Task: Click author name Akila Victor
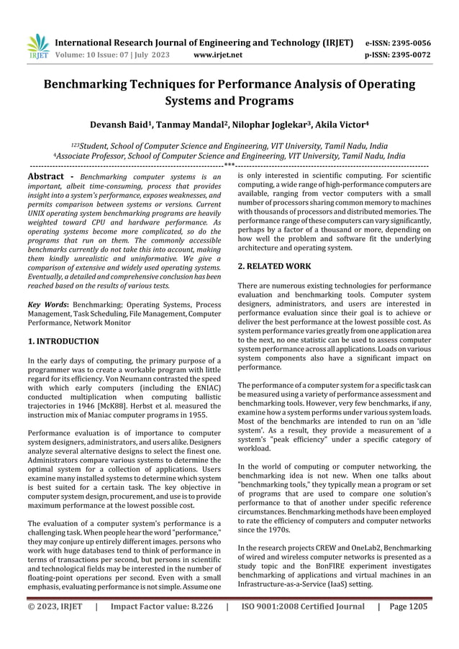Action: (342, 124)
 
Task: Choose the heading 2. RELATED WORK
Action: (274, 266)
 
